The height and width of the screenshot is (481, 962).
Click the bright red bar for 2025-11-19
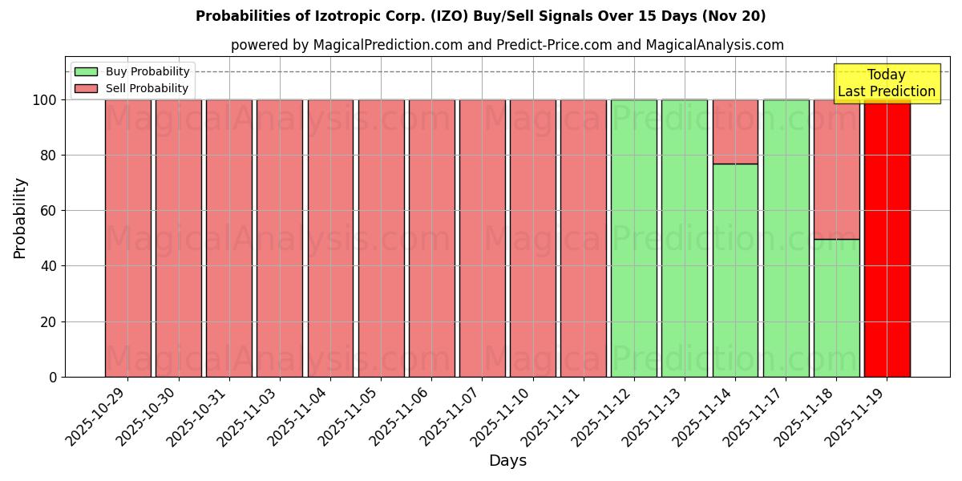pyautogui.click(x=887, y=238)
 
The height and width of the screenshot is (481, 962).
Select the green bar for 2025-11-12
pyautogui.click(x=634, y=238)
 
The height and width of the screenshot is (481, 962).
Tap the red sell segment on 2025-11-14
pyautogui.click(x=735, y=131)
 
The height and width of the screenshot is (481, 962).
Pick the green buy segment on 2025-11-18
pyautogui.click(x=836, y=308)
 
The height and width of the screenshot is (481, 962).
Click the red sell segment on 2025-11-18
pyautogui.click(x=836, y=169)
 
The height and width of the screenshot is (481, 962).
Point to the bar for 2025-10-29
pyautogui.click(x=128, y=238)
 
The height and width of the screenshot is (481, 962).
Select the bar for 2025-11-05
pyautogui.click(x=381, y=238)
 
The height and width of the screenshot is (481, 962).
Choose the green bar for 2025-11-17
pyautogui.click(x=786, y=238)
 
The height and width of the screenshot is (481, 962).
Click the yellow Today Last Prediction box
pyautogui.click(x=887, y=83)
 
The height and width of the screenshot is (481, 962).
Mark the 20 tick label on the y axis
pyautogui.click(x=50, y=321)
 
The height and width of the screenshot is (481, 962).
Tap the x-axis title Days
pyautogui.click(x=507, y=461)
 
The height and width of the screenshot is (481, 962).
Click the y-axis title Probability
pyautogui.click(x=20, y=217)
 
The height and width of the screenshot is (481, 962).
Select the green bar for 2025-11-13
pyautogui.click(x=685, y=238)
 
